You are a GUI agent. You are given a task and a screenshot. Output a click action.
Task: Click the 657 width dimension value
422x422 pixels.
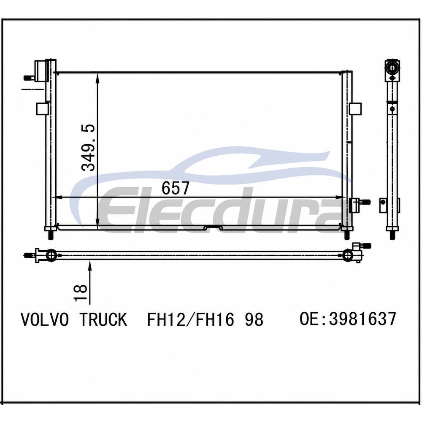[x=176, y=188]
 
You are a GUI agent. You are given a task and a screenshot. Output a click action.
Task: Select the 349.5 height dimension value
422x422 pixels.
[x=88, y=147]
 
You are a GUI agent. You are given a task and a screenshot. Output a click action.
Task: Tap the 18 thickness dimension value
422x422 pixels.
[x=81, y=292]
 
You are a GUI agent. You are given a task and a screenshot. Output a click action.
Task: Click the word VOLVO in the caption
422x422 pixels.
[x=45, y=319]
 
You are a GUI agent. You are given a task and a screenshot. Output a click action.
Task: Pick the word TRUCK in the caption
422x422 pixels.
[x=103, y=319]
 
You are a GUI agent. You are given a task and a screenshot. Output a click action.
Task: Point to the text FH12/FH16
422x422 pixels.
[x=190, y=319]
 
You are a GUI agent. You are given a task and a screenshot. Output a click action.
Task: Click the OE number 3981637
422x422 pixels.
[x=362, y=319]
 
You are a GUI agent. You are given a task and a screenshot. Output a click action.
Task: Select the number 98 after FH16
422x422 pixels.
[x=254, y=319]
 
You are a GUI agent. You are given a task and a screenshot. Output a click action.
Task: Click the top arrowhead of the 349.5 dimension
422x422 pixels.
[x=97, y=78]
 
